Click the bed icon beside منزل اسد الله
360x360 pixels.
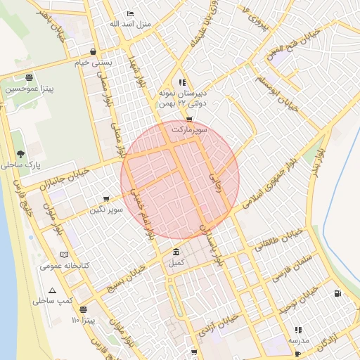[129, 14]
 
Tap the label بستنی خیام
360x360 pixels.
[94, 63]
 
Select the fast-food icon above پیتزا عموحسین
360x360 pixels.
[28, 78]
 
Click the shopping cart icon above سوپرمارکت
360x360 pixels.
[188, 120]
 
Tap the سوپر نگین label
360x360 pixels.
[106, 209]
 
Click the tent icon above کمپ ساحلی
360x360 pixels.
[52, 290]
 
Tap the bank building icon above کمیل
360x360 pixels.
[175, 252]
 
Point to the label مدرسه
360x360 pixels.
[297, 340]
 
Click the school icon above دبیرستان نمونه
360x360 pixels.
[182, 82]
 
